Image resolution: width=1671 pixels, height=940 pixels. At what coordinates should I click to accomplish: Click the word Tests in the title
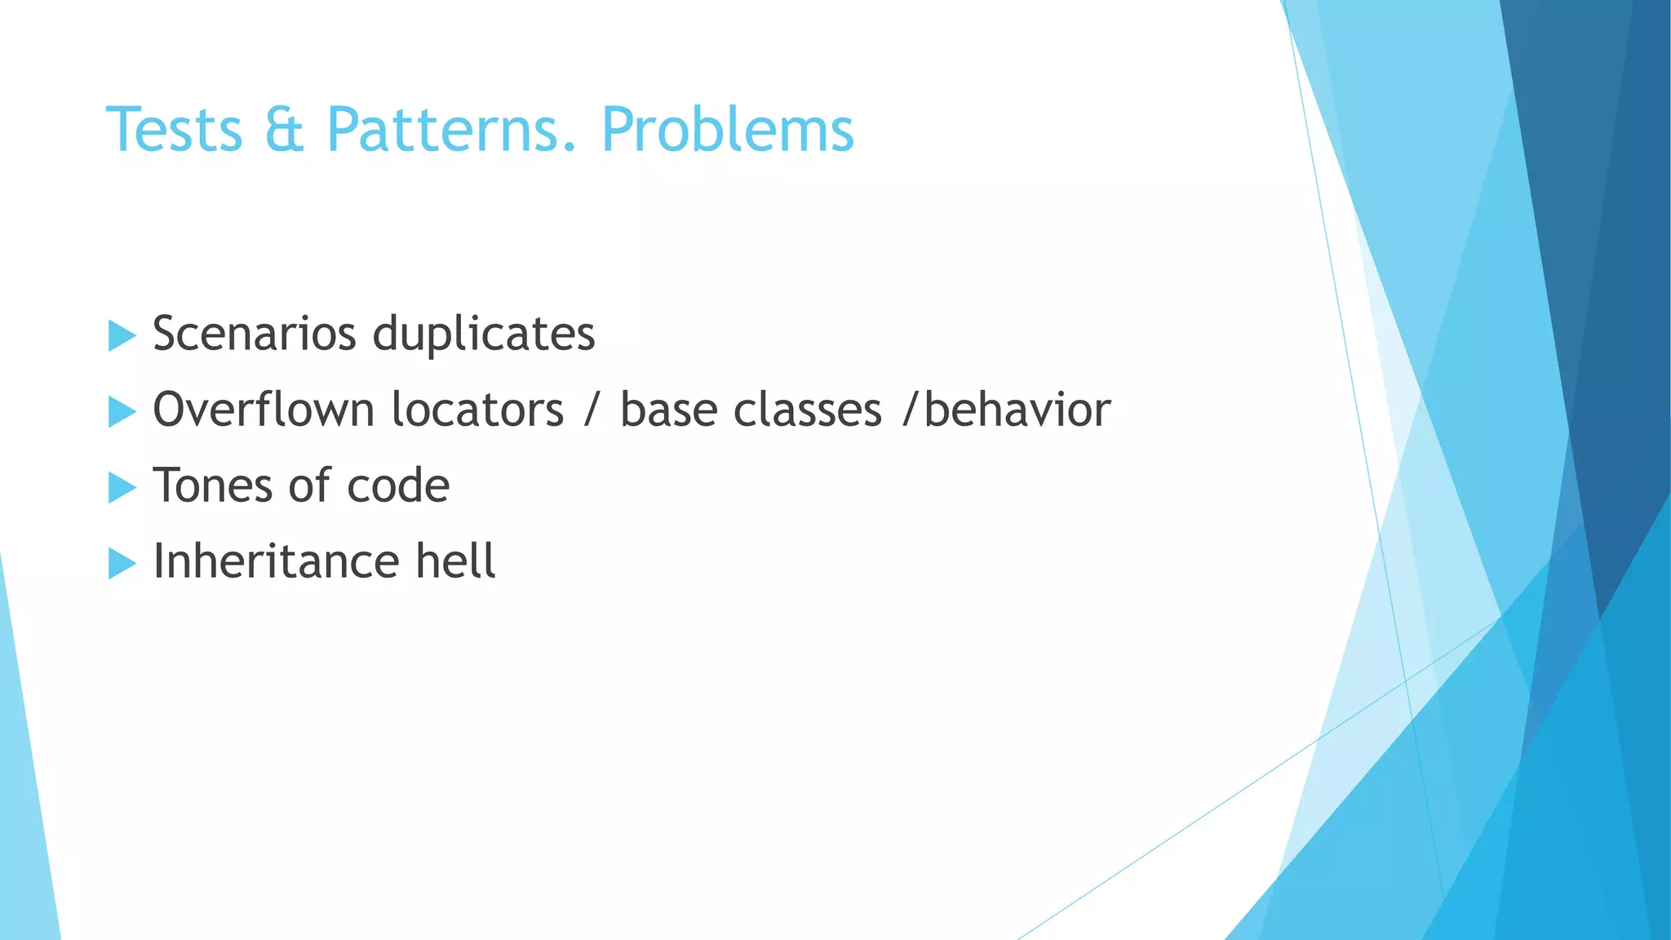[x=175, y=130]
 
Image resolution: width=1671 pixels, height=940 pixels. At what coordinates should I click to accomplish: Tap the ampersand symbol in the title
[x=284, y=130]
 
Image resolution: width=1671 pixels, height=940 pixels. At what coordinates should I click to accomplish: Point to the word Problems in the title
[x=727, y=130]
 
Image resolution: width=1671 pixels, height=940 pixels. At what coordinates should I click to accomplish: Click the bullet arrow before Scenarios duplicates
[x=121, y=335]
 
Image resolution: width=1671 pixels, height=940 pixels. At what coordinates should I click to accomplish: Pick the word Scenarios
[x=255, y=334]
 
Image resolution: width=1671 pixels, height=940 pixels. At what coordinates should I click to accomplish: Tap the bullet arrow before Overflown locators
[x=121, y=411]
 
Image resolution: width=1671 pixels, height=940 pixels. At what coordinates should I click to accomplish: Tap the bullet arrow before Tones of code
[x=121, y=487]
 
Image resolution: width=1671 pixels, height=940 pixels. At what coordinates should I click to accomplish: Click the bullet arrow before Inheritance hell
[x=121, y=563]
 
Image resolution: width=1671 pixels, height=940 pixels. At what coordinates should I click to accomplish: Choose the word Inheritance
[x=276, y=561]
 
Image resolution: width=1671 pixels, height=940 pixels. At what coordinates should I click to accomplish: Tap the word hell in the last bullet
[x=455, y=561]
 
